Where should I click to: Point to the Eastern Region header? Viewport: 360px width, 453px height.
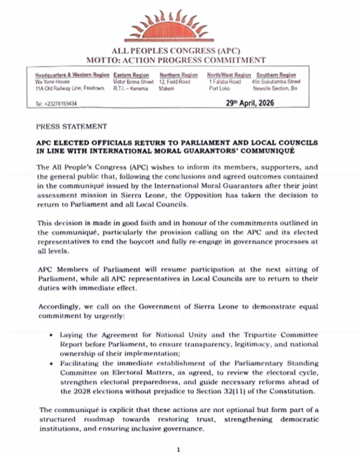click(x=131, y=75)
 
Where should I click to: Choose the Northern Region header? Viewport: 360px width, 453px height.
click(x=178, y=75)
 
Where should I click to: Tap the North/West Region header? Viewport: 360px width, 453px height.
click(x=229, y=75)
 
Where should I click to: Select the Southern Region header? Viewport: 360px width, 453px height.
click(x=277, y=75)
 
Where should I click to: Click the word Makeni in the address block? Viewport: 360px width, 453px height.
click(x=167, y=88)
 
